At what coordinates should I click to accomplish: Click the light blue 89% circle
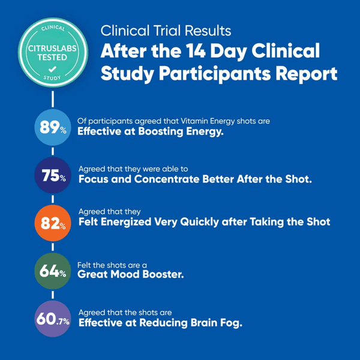[52, 127]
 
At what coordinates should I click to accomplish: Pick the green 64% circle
[52, 271]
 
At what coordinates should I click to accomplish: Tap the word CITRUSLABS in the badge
[53, 50]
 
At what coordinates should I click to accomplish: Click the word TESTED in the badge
[53, 59]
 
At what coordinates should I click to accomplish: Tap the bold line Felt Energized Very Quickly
[205, 222]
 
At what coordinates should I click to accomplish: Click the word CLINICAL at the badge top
[53, 28]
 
